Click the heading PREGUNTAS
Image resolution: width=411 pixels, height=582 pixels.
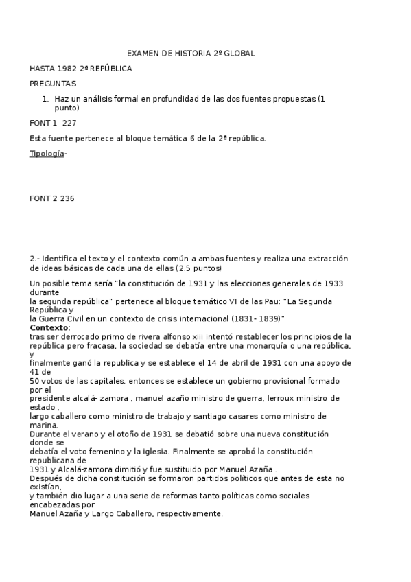coord(53,84)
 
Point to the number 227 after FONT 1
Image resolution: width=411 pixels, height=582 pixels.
coord(69,124)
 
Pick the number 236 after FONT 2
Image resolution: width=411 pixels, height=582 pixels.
coord(67,199)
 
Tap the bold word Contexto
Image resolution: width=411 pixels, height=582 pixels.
coord(49,328)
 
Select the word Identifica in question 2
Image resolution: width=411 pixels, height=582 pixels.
coord(61,258)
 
